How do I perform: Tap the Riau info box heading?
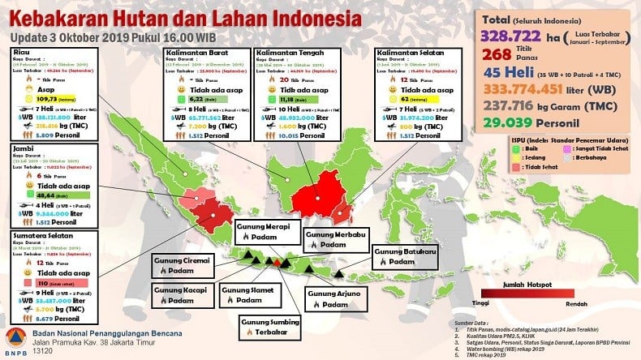[21, 50]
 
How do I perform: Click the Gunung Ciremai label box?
[183, 264]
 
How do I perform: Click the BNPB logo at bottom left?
[16, 339]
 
